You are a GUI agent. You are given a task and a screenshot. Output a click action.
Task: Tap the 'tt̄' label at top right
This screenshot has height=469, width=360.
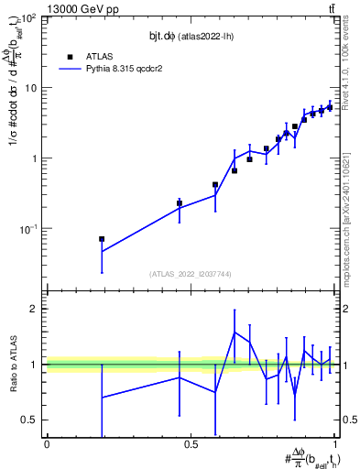(x=330, y=8)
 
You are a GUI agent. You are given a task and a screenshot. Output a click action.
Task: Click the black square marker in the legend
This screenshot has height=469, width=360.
(x=70, y=56)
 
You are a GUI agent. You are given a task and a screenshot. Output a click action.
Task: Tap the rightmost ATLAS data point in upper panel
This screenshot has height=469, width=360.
(x=330, y=106)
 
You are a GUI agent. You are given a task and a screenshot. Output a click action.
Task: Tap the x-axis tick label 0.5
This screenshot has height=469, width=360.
(x=191, y=444)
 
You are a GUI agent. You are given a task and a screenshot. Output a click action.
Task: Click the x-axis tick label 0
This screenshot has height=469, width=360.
(x=47, y=444)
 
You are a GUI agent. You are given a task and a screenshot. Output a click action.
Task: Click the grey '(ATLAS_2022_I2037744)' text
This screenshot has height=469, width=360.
(x=191, y=274)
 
